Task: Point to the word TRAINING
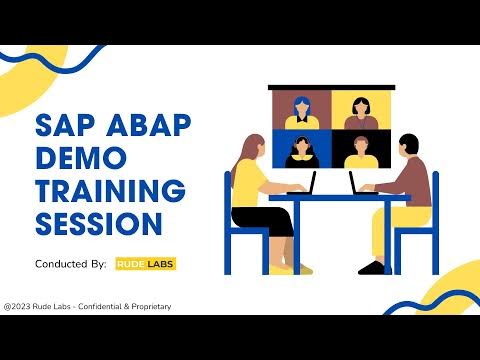pos(111,189)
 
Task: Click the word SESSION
pos(99,221)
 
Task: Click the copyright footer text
pos(87,306)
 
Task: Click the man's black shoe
pos(372,267)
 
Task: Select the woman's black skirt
pos(270,222)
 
